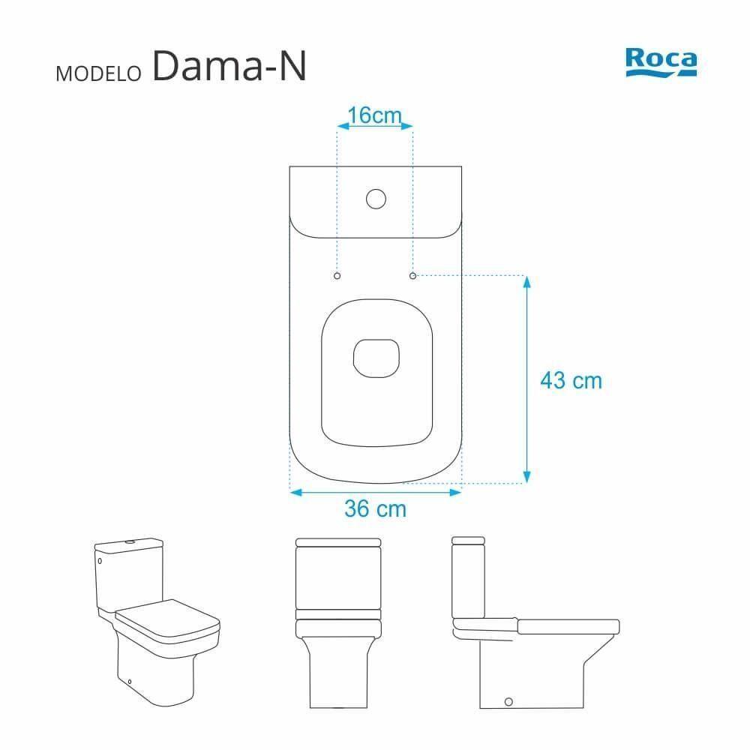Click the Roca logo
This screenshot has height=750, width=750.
660,64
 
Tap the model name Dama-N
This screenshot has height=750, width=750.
229,67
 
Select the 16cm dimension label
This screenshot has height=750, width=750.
375,115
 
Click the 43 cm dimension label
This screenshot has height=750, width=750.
571,380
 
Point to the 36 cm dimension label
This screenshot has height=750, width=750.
375,508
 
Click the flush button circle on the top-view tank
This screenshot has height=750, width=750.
375,199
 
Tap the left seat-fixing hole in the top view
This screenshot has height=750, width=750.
337,276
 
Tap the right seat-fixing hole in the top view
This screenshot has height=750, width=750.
413,276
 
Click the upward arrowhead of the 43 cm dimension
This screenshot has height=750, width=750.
526,282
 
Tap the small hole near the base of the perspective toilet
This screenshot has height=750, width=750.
131,682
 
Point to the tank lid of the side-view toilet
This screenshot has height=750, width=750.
469,540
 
